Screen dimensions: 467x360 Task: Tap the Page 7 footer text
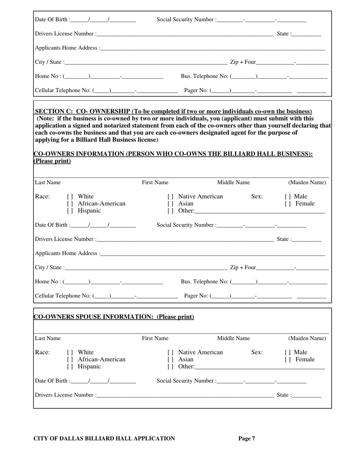point(246,439)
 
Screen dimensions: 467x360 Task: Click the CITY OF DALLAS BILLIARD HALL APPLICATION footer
point(105,439)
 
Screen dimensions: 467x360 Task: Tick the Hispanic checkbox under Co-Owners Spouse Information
point(69,367)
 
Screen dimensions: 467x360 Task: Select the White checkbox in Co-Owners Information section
point(69,197)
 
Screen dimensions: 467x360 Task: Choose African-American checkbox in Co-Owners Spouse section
point(69,359)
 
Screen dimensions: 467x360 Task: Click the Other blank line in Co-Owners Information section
point(260,211)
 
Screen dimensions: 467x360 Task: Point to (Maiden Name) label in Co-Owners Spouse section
point(307,338)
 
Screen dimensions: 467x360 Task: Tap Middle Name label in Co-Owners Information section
point(233,183)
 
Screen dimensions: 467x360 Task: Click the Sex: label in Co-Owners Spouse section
point(257,352)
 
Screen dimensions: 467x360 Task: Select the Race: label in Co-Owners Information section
point(42,196)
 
